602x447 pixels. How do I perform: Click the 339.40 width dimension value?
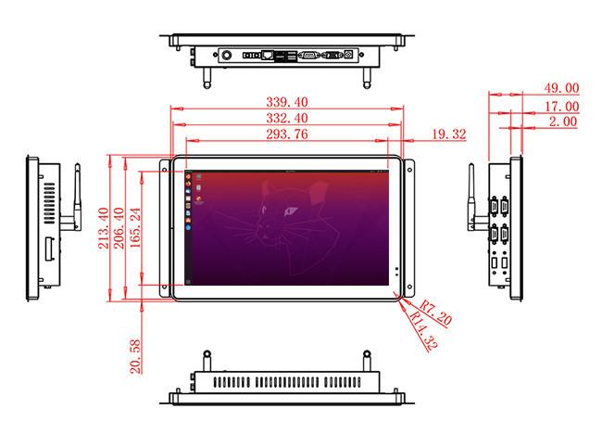(287, 102)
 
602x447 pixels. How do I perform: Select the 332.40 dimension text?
(287, 118)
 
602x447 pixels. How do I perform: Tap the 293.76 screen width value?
(287, 134)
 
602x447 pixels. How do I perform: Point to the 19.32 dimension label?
(449, 134)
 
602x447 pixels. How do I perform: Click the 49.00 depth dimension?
(561, 88)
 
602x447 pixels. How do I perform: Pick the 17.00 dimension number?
(561, 107)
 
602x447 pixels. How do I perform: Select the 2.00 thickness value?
(563, 121)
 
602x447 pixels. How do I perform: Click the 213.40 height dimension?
(104, 228)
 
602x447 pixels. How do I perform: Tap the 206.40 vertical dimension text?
(119, 228)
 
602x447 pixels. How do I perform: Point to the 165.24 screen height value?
(135, 227)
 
